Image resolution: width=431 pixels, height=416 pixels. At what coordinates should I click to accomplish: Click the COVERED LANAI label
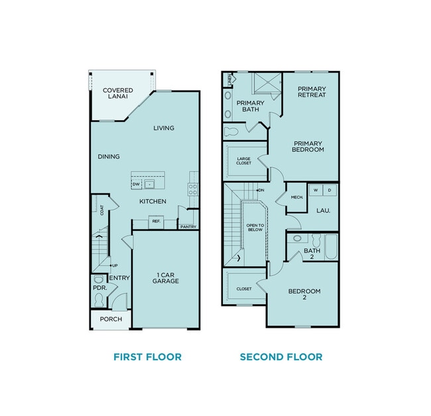118,94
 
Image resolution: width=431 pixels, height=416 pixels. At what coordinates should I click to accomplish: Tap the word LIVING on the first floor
164,128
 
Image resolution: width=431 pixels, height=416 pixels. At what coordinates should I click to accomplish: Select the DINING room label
109,157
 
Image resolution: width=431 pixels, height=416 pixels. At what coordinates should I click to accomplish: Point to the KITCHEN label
153,202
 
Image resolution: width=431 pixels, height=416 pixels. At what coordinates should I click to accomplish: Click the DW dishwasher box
136,184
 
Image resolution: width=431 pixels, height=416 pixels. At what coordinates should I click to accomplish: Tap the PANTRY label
188,227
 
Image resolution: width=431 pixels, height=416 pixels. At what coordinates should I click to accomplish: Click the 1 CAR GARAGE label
167,277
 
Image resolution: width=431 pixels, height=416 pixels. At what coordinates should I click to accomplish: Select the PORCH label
111,319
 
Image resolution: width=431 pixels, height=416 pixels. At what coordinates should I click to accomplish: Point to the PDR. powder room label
100,288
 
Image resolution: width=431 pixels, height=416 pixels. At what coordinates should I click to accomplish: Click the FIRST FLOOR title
147,357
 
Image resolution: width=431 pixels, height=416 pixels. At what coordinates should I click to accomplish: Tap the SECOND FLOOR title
281,357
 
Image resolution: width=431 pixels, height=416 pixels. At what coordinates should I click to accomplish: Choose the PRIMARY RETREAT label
312,92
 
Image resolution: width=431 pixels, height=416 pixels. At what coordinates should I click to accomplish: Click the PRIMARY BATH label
250,106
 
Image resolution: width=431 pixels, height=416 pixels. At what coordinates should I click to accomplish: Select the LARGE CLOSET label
244,160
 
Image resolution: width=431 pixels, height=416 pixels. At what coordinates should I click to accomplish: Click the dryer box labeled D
330,190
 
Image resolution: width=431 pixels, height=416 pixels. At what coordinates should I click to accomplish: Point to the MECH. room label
296,197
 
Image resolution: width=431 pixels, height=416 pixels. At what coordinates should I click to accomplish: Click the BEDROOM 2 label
304,295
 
